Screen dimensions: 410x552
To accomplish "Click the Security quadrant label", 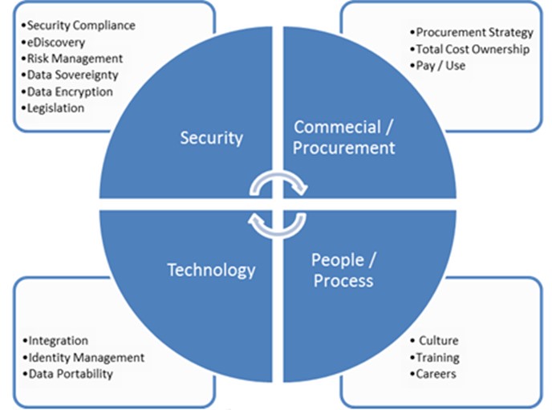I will pyautogui.click(x=211, y=138).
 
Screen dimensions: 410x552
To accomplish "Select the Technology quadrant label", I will pyautogui.click(x=211, y=270).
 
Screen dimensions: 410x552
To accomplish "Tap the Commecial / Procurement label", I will pyautogui.click(x=343, y=137).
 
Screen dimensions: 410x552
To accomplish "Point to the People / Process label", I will pyautogui.click(x=343, y=270).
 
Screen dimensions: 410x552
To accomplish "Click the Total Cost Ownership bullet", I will pyautogui.click(x=472, y=49).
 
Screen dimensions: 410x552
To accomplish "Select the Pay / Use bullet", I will pyautogui.click(x=440, y=65).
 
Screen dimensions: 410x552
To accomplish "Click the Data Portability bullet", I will pyautogui.click(x=70, y=373).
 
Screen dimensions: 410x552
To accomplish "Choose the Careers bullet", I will pyautogui.click(x=436, y=373).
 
